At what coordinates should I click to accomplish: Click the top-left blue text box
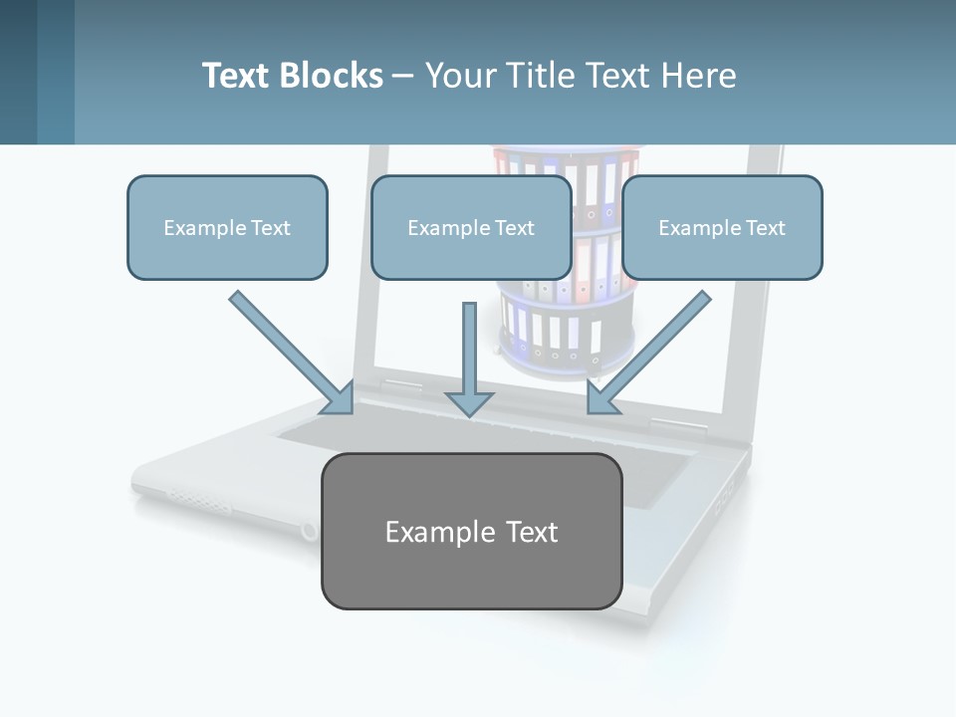[x=227, y=227]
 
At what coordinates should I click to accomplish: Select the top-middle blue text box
[x=471, y=227]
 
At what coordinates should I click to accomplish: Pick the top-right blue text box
[x=722, y=227]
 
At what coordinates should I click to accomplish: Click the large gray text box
[x=471, y=531]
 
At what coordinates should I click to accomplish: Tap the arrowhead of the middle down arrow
[x=469, y=402]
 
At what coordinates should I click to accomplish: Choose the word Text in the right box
[x=765, y=228]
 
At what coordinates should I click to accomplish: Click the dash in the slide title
[x=403, y=76]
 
